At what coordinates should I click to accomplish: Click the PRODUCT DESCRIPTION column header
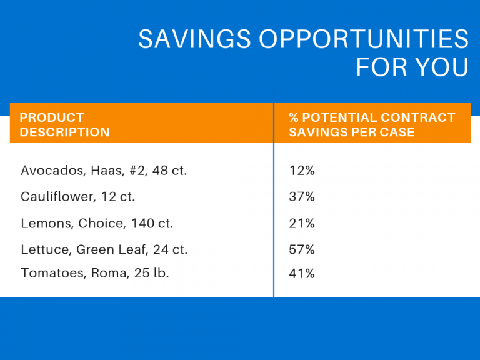(64, 124)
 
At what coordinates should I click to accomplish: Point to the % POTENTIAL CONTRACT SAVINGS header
(372, 124)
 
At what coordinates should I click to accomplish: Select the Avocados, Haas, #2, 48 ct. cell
(104, 170)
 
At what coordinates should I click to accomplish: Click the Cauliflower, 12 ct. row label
(77, 197)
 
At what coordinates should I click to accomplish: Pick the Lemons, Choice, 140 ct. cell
(97, 224)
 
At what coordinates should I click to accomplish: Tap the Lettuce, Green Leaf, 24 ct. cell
(104, 250)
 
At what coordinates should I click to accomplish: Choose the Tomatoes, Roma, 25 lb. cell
(94, 273)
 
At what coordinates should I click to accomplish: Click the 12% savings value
(302, 170)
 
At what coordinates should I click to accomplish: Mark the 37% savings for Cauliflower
(302, 197)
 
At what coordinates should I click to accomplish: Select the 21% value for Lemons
(302, 224)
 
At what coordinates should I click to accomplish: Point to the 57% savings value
(302, 250)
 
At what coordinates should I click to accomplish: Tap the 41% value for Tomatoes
(302, 273)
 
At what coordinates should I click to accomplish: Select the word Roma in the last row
(112, 273)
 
